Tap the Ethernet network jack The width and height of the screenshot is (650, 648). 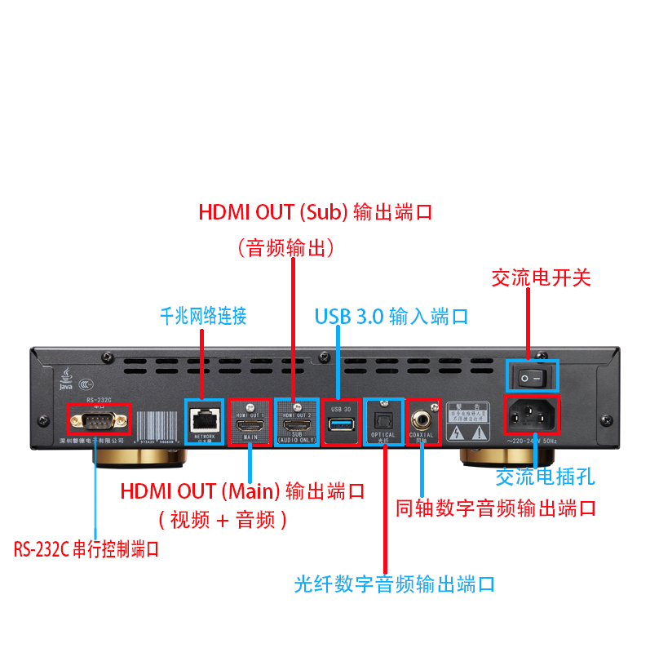[203, 419]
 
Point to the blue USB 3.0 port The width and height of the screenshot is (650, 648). [340, 422]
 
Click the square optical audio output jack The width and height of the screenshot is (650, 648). [382, 419]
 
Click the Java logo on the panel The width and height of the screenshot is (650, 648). [64, 380]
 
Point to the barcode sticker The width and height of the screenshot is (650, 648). [157, 425]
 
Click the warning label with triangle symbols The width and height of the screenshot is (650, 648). [468, 422]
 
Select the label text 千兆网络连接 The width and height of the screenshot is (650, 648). [203, 316]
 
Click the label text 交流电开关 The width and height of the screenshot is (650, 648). [541, 277]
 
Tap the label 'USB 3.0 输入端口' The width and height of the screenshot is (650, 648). [391, 316]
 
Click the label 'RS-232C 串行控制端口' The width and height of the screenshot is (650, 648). [86, 549]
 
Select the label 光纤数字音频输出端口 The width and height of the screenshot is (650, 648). [395, 584]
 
